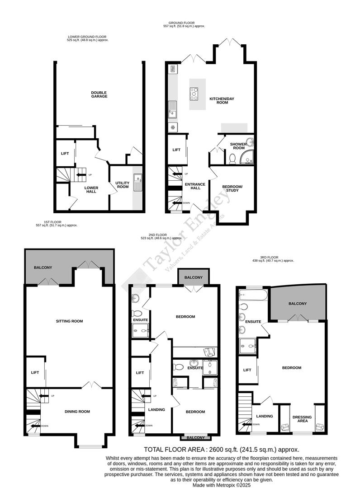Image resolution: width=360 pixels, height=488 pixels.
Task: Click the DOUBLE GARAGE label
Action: tap(99, 94)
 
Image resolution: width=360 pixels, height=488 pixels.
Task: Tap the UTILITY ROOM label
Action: tap(123, 185)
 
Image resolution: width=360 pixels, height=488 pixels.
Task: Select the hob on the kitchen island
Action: tap(194, 94)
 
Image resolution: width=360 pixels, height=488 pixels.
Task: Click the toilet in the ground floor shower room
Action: tap(232, 159)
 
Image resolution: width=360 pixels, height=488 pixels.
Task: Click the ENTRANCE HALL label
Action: tap(195, 186)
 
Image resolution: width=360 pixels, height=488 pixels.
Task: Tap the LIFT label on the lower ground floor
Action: tap(65, 153)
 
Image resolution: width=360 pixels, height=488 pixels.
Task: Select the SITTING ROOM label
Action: tap(69, 321)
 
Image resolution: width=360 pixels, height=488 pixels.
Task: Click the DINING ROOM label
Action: tap(77, 411)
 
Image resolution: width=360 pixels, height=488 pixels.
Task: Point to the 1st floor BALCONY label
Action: tap(43, 267)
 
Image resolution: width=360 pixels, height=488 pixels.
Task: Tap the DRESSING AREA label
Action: tap(302, 419)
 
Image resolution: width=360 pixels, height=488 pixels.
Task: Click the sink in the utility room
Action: tap(137, 178)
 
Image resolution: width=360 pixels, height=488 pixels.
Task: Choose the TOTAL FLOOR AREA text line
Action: tap(221, 450)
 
